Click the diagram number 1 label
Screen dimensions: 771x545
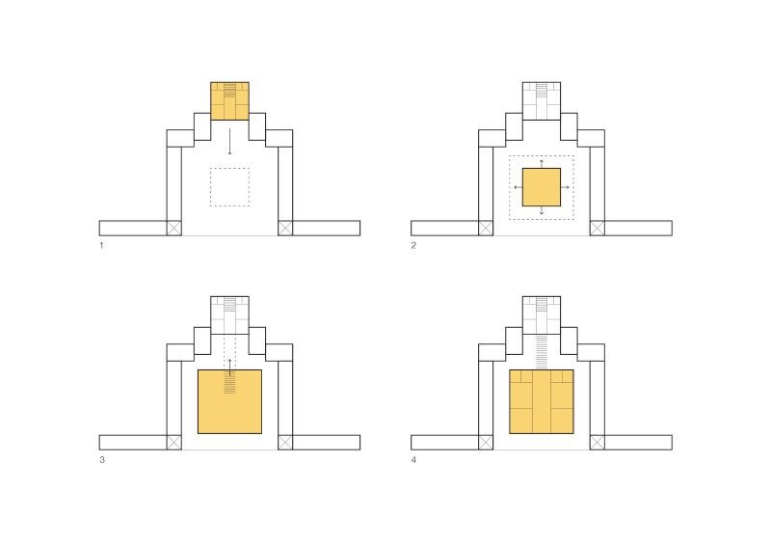[x=101, y=245]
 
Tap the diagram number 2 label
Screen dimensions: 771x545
[x=413, y=245]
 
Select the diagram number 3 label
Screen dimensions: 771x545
[x=102, y=460]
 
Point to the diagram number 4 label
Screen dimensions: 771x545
[x=413, y=460]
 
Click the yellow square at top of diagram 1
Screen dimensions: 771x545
[x=229, y=101]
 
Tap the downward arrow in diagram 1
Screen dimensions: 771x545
[x=229, y=142]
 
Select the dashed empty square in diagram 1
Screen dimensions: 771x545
[x=229, y=187]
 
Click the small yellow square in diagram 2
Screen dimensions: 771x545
[x=542, y=187]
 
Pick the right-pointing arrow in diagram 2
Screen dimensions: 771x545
[x=566, y=187]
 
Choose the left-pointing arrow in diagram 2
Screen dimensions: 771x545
[x=518, y=187]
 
